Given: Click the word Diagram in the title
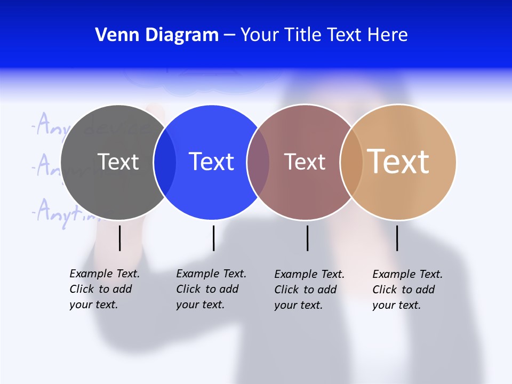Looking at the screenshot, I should pyautogui.click(x=182, y=35).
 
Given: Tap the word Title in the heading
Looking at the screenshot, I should pyautogui.click(x=302, y=35).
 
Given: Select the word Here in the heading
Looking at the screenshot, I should pyautogui.click(x=387, y=35).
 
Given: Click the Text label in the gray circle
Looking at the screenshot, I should pyautogui.click(x=118, y=162).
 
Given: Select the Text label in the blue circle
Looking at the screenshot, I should pyautogui.click(x=211, y=162).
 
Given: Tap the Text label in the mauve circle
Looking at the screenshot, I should pyautogui.click(x=305, y=162).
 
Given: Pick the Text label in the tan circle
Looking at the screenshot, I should pyautogui.click(x=398, y=162).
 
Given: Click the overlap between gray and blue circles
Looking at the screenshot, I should pyautogui.click(x=164, y=162).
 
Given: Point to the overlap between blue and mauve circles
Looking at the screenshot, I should pyautogui.click(x=258, y=162).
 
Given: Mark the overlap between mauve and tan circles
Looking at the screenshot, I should pyautogui.click(x=351, y=162).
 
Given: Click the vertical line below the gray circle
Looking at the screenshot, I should pyautogui.click(x=120, y=238).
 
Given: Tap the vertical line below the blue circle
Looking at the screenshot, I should pyautogui.click(x=213, y=238).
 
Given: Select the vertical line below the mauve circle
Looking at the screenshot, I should pyautogui.click(x=307, y=238).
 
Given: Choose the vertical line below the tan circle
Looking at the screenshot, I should pyautogui.click(x=397, y=238).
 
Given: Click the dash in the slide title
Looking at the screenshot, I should pyautogui.click(x=229, y=36).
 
